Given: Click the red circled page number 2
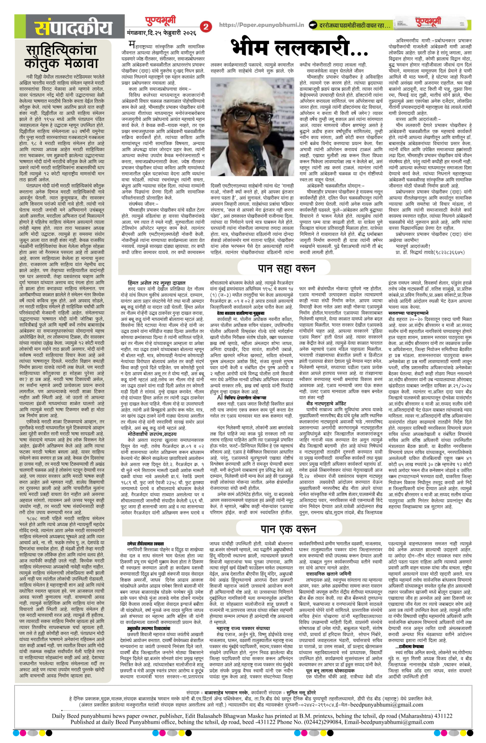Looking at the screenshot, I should tap(207, 26).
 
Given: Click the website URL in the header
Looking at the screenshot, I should tap(261, 25).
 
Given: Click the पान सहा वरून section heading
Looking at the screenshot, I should tap(286, 268).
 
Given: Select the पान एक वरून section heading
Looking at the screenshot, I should tap(287, 528).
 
